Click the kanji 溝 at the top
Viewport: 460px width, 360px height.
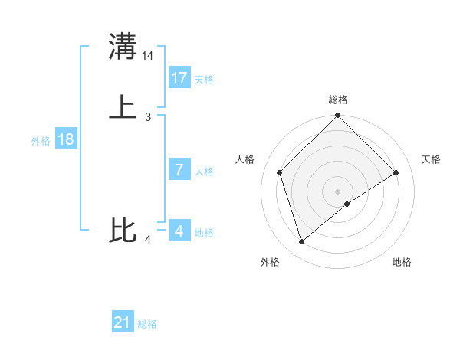pos(123,46)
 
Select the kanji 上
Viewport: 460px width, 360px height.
pos(123,107)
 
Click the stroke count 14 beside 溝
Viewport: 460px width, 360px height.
pos(148,56)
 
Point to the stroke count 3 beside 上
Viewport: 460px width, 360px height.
pos(148,117)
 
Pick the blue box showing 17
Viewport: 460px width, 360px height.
pos(179,78)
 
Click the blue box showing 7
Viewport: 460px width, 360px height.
pos(179,170)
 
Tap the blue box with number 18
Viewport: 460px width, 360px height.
pos(65,139)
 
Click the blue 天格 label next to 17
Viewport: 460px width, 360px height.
pos(204,80)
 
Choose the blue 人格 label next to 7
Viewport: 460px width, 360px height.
pos(204,172)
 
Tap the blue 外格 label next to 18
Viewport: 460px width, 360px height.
pos(41,141)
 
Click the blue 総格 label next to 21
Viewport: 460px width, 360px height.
pos(147,325)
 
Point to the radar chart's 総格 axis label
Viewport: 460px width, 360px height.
pos(338,100)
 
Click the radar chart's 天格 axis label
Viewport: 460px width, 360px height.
pos(432,159)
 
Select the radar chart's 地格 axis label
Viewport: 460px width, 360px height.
pos(402,263)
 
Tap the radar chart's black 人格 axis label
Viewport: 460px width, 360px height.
pos(245,159)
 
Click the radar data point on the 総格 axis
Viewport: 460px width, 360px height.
pos(338,116)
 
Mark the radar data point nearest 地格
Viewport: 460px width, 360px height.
pos(347,204)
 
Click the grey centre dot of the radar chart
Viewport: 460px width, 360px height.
pos(338,191)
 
